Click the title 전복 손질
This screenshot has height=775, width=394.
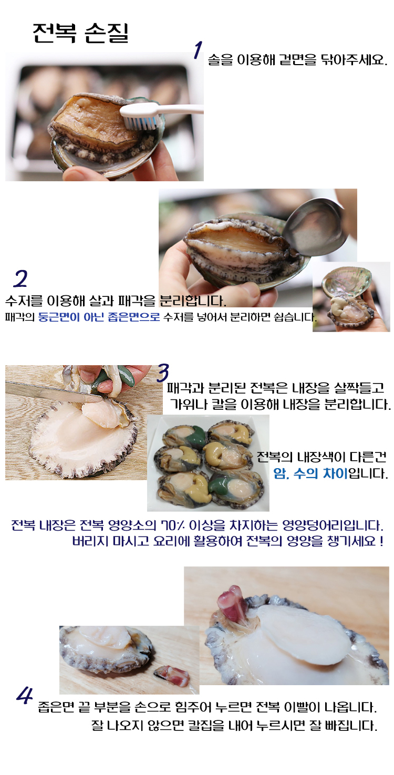tap(80, 33)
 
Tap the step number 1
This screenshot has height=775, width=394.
tap(198, 50)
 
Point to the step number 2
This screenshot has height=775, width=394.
tap(21, 279)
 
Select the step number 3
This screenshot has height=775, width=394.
tap(163, 373)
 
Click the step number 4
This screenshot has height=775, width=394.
tap(25, 696)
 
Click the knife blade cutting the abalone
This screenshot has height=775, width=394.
tap(52, 391)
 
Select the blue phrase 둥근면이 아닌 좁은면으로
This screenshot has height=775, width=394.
tap(99, 317)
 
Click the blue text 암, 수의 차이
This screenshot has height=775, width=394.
tap(310, 473)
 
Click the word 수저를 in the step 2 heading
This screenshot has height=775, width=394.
tap(24, 301)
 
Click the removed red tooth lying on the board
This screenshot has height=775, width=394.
tap(172, 675)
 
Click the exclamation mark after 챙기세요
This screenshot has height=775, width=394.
tap(381, 541)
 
